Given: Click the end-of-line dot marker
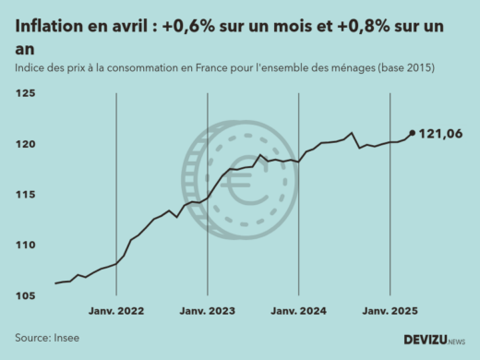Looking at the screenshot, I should [x=412, y=133].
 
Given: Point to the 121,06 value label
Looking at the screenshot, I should [x=440, y=135].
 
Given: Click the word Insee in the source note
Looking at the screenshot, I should [x=67, y=338].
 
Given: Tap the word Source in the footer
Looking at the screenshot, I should [x=32, y=338].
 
